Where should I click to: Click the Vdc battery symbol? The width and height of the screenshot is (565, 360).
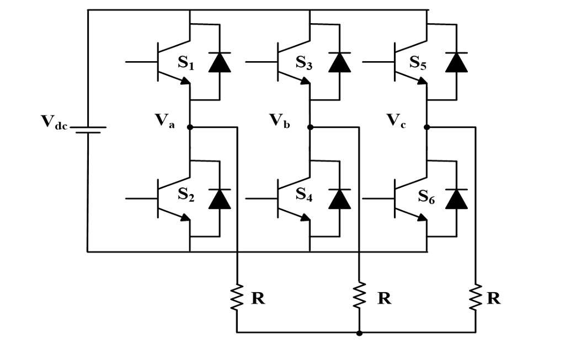tap(88, 128)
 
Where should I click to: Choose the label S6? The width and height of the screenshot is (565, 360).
tap(426, 197)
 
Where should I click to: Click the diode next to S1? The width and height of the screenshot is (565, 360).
tap(219, 62)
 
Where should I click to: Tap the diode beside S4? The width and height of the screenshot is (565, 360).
tap(339, 198)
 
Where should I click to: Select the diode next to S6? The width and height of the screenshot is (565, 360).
tap(456, 198)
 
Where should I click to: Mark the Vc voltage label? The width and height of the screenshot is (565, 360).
tap(396, 121)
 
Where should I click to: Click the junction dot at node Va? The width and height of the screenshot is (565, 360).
tap(190, 127)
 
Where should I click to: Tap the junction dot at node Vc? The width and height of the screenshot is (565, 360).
tap(427, 127)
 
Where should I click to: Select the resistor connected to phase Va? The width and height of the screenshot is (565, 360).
tap(237, 298)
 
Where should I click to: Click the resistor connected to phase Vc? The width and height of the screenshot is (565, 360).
tap(476, 298)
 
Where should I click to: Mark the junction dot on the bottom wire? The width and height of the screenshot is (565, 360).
tap(359, 333)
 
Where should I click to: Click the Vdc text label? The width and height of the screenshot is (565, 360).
tap(54, 122)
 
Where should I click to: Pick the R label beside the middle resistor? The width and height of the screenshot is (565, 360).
tap(384, 298)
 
